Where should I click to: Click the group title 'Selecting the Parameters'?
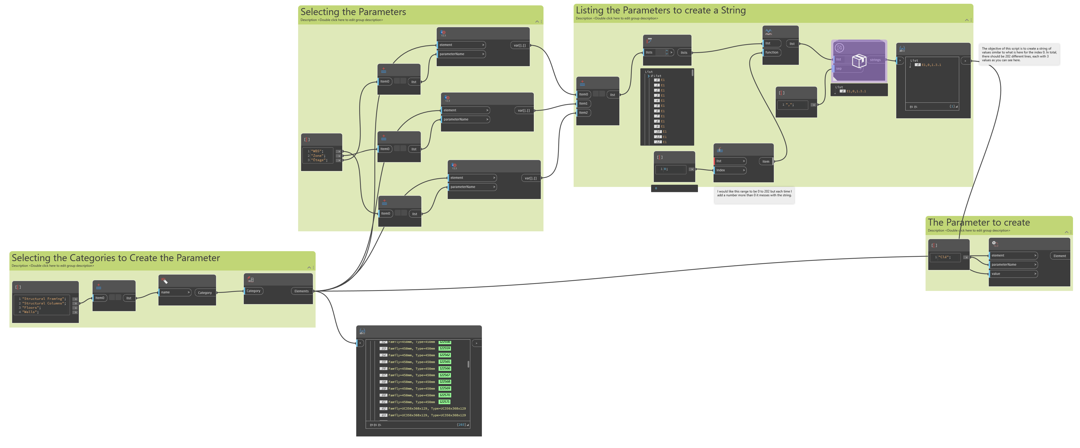point(353,12)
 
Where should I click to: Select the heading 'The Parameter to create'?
point(979,223)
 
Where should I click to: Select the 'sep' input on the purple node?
point(839,69)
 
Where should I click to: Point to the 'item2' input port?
point(583,113)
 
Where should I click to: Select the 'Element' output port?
point(1060,256)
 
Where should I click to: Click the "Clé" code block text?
point(945,257)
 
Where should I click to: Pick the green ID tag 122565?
point(444,362)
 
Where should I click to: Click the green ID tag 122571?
point(444,402)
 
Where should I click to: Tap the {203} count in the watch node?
point(461,425)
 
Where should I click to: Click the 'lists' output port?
point(684,53)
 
